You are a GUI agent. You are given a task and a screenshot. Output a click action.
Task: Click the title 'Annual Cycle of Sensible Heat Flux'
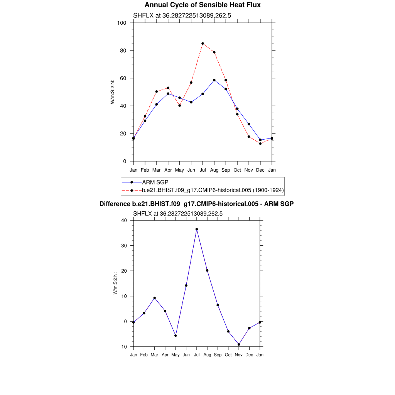click(x=203, y=5)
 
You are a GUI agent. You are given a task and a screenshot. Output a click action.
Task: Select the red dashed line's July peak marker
click(x=203, y=44)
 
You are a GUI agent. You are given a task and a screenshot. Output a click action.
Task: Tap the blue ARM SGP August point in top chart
click(x=214, y=80)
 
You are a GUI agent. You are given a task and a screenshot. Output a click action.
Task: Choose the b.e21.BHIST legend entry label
click(x=213, y=190)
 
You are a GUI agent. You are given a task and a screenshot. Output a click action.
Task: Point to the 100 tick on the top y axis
click(x=122, y=23)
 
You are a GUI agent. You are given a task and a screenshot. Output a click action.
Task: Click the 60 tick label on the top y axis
click(x=123, y=78)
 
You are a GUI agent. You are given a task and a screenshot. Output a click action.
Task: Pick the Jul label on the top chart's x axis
click(x=203, y=170)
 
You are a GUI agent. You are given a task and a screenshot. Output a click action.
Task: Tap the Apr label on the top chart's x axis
click(x=168, y=170)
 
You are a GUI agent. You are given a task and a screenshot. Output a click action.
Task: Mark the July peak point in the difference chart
click(x=197, y=229)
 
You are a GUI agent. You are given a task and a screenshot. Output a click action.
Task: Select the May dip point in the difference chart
click(x=176, y=336)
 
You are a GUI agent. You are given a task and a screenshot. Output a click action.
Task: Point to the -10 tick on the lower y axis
click(x=123, y=347)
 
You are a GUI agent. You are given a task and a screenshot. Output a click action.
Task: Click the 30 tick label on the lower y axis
click(x=124, y=246)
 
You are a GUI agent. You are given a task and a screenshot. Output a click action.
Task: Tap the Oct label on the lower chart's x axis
click(x=228, y=355)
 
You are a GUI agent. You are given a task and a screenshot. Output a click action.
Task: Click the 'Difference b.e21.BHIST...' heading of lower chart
click(x=197, y=204)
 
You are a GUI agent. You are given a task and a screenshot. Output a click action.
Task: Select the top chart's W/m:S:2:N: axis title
click(x=113, y=91)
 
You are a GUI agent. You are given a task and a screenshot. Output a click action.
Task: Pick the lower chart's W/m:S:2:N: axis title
click(x=115, y=284)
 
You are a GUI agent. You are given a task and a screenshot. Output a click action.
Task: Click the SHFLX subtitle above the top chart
click(x=182, y=15)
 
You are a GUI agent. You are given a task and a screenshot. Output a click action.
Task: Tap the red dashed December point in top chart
click(x=260, y=143)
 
